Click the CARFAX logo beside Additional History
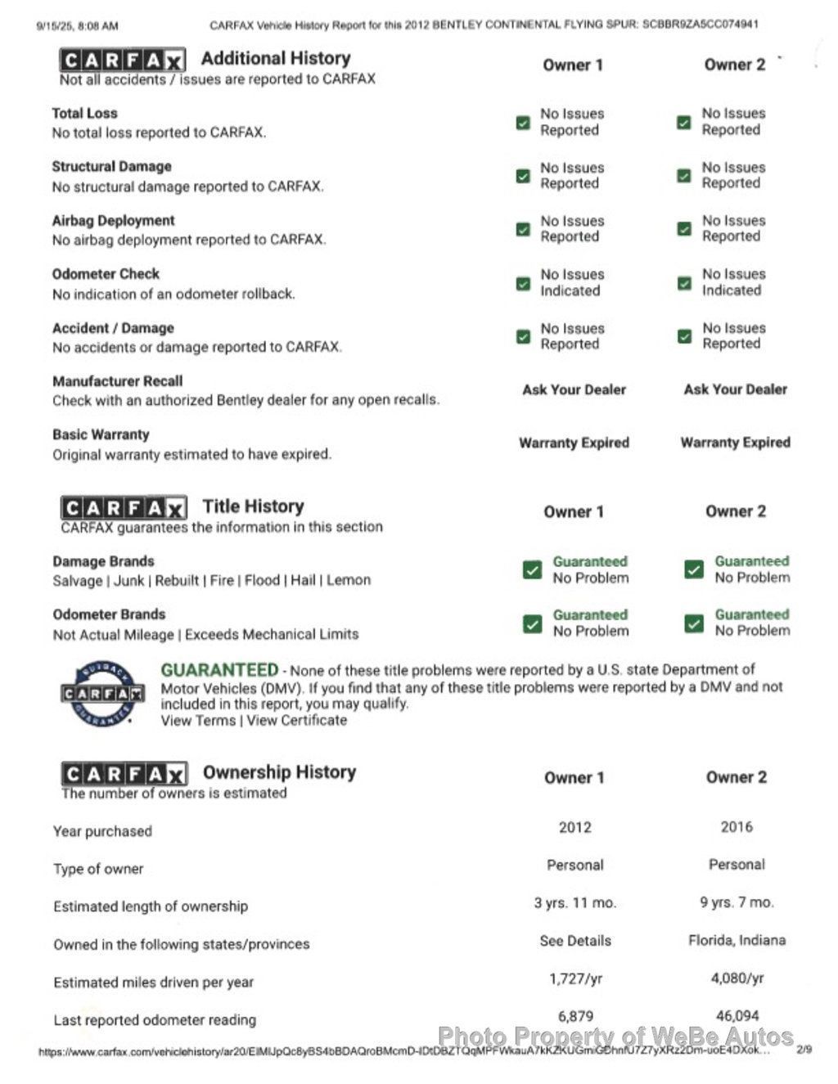123,60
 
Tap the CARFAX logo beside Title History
124,507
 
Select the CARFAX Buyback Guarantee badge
103,694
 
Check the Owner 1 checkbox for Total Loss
523,123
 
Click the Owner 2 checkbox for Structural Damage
684,176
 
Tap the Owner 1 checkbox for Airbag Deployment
523,230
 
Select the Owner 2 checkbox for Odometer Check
684,283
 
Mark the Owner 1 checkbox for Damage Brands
532,570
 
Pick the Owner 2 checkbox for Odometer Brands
694,623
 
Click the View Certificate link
297,721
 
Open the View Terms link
198,721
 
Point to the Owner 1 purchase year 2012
574,827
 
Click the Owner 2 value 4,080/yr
737,978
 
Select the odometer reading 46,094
737,1015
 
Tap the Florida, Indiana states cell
737,940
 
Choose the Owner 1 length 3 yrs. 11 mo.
574,902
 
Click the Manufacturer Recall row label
118,381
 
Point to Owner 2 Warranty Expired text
735,443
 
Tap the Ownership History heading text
279,772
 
